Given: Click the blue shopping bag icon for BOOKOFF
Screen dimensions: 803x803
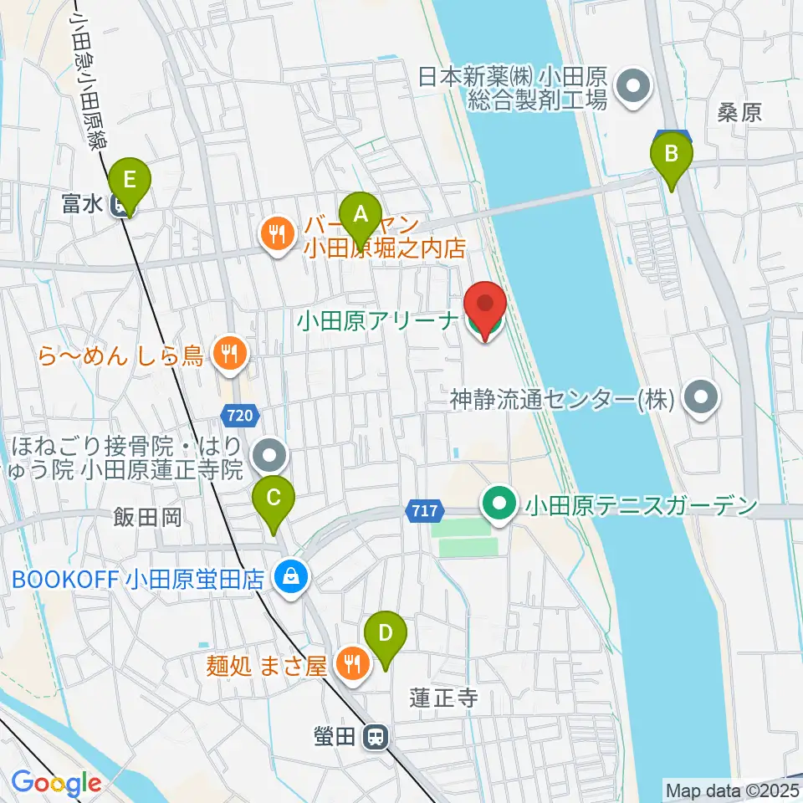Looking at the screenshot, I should pyautogui.click(x=290, y=578).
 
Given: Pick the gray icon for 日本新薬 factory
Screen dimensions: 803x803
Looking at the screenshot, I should pyautogui.click(x=633, y=88).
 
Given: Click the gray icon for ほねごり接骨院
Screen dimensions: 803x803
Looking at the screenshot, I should pyautogui.click(x=269, y=456).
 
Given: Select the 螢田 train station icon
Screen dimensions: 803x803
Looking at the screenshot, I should pyautogui.click(x=376, y=737).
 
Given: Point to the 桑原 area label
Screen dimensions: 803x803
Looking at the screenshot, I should pyautogui.click(x=739, y=114).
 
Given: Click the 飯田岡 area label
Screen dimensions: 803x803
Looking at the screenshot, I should pyautogui.click(x=148, y=519).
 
